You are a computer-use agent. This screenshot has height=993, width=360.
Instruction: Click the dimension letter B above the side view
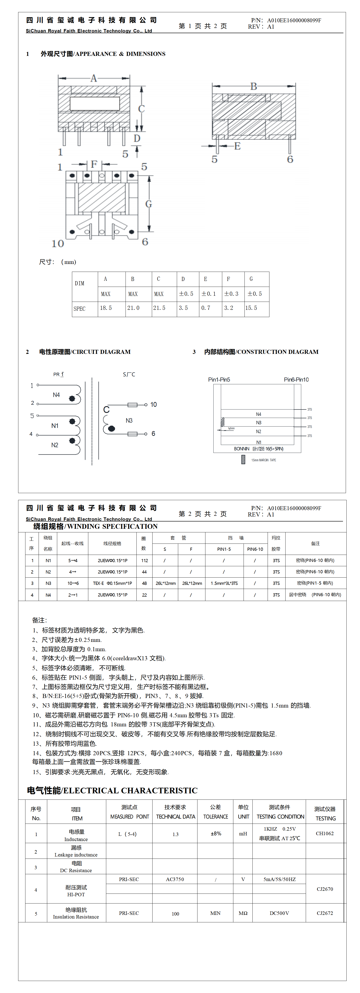coord(253,86)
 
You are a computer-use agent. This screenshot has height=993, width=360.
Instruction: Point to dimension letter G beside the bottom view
coord(148,204)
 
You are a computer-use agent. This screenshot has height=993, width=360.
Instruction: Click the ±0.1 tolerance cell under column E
coord(209,294)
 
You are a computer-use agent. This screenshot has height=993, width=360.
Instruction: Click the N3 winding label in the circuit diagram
coord(129,421)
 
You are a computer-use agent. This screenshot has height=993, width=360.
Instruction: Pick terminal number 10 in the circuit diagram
coord(153,404)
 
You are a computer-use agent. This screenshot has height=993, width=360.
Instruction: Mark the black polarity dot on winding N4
coord(72,399)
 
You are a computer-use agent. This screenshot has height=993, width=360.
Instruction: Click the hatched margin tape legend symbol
coord(243,459)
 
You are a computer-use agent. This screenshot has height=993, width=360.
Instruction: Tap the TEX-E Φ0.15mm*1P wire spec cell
coord(112,583)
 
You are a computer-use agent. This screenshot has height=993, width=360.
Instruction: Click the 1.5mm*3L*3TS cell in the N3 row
coord(224,583)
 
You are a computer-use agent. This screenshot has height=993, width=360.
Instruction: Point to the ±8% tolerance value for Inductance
coord(216,833)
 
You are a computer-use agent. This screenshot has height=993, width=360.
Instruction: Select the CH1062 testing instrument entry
coord(325,833)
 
